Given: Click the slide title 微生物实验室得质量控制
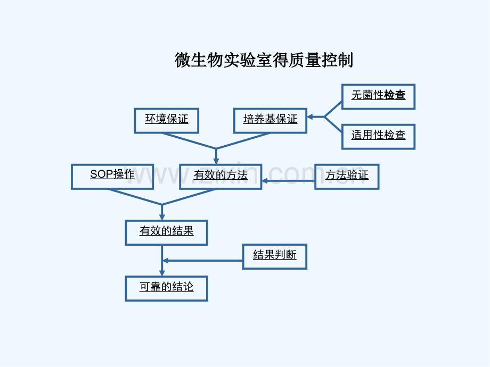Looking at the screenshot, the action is [264, 60].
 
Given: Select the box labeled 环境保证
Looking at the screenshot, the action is [167, 121].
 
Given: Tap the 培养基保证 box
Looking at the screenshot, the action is [271, 121].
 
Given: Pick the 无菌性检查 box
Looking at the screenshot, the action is [379, 97].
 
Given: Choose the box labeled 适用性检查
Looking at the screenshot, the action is [379, 137].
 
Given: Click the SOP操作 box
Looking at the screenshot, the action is [112, 177].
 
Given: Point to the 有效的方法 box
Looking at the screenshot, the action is [220, 177].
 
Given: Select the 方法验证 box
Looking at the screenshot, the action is [347, 177].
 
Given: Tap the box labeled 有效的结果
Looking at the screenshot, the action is [167, 232].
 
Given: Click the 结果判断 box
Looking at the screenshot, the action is [275, 256].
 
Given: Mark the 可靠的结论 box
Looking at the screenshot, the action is [167, 288].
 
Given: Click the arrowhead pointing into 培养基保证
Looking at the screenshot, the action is [311, 117].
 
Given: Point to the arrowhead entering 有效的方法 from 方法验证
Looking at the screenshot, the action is [265, 181].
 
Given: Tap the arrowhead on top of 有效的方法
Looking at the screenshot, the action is [216, 161].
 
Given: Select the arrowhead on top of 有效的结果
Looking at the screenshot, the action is [162, 217].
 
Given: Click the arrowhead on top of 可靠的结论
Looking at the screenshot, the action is [162, 273].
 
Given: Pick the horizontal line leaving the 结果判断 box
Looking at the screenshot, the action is [203, 261].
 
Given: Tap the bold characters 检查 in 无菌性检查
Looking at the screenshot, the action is [395, 95].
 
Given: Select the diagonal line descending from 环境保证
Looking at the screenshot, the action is [189, 141].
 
